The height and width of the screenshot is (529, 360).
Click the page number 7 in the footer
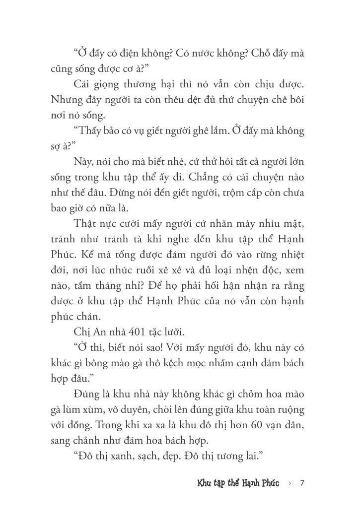pos(302,483)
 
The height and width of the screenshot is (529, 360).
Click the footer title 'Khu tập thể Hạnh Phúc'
pos(238,483)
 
